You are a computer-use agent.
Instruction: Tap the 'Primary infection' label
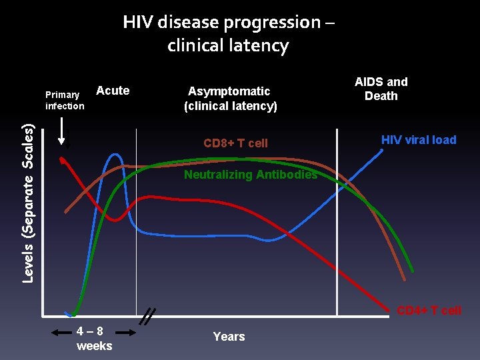[x=65, y=100]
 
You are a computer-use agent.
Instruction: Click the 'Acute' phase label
[x=113, y=91]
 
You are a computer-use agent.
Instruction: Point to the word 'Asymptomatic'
[x=229, y=91]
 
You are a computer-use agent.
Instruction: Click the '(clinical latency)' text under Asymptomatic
[x=230, y=105]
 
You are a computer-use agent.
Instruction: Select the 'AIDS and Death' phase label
[x=381, y=89]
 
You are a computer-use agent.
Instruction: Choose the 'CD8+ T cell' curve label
[x=235, y=143]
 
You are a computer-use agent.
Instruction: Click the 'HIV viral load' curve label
[x=419, y=140]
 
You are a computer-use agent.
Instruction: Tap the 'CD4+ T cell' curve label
[x=429, y=310]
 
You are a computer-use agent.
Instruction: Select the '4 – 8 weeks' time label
[x=94, y=338]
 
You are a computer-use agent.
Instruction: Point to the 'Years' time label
[x=229, y=337]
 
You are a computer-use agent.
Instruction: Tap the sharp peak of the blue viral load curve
[x=115, y=155]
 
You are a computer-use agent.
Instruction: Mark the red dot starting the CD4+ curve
[x=61, y=159]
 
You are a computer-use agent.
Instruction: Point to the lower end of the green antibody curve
[x=411, y=270]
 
